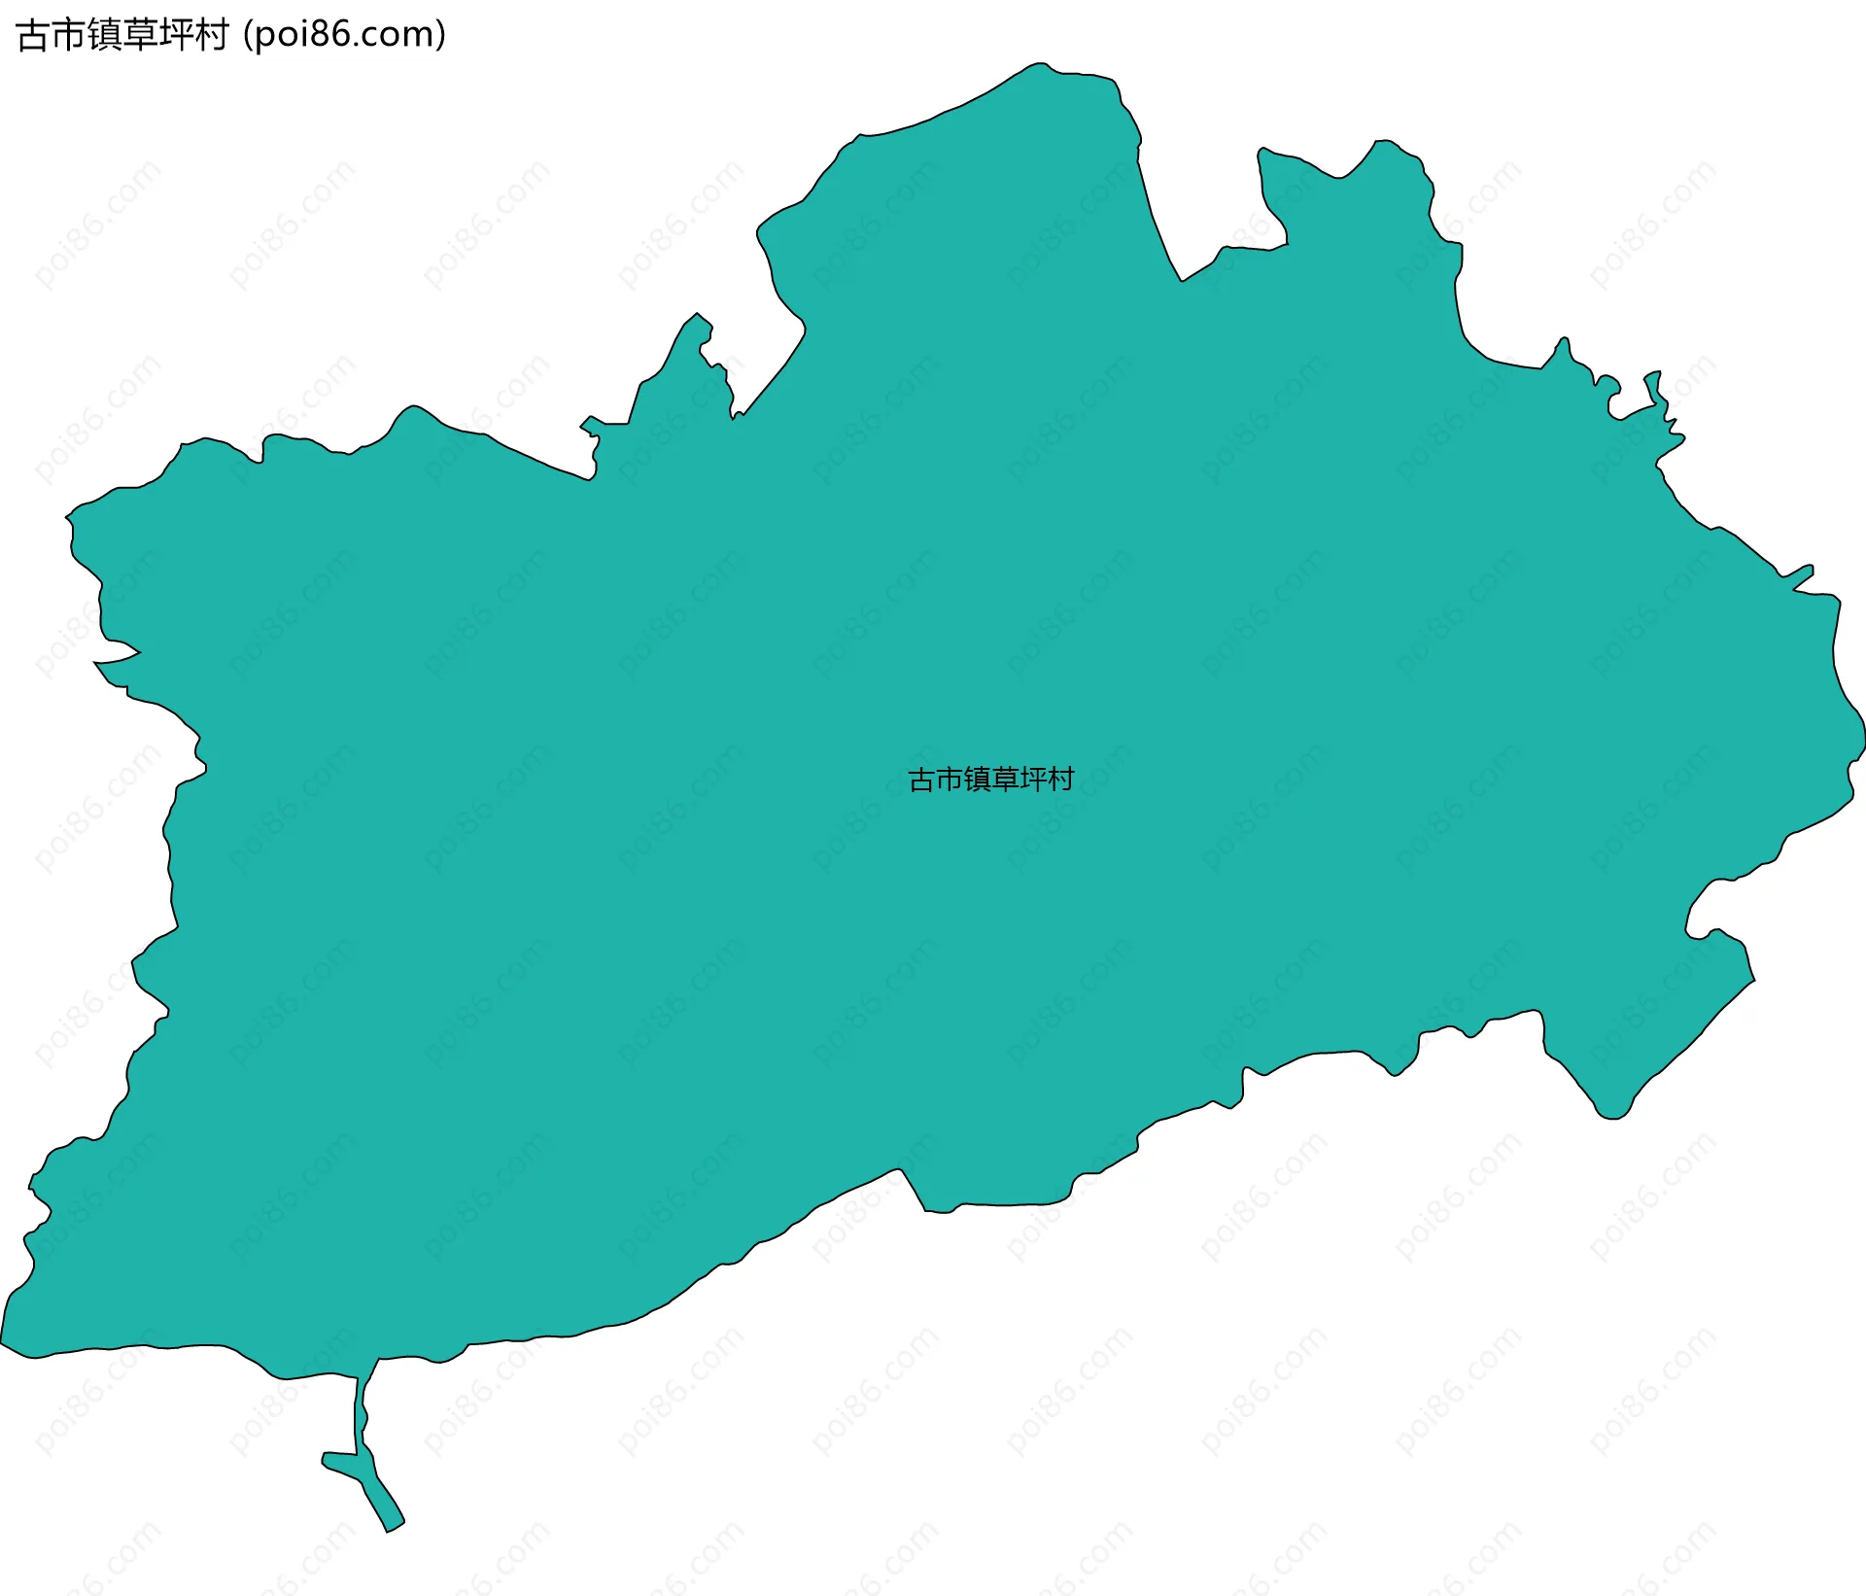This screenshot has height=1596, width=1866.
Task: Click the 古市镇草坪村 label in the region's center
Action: tap(990, 780)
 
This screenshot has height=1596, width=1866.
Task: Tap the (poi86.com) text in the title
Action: tap(345, 35)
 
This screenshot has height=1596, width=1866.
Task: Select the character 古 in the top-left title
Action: tap(33, 35)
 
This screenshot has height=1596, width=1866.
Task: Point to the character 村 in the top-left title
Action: tap(211, 35)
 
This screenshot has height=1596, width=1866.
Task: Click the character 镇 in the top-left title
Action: tap(104, 35)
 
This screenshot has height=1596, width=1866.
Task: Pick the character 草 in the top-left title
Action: tap(140, 35)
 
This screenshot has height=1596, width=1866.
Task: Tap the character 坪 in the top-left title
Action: tap(175, 35)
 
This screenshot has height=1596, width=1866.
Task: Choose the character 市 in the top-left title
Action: tap(68, 35)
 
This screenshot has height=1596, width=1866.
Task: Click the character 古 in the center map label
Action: tap(920, 780)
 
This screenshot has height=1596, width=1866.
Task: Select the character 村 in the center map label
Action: tap(1061, 780)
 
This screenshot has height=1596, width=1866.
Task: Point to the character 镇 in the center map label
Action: tap(977, 780)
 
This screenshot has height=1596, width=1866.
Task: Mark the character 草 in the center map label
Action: tap(1005, 780)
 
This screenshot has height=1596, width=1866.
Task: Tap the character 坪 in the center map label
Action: tap(1033, 780)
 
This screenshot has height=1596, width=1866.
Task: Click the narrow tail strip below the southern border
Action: tap(361, 1419)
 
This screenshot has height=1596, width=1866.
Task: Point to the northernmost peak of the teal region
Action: tap(1040, 66)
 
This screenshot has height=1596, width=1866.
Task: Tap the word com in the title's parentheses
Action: tap(402, 35)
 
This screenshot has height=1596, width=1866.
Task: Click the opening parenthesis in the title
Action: tap(249, 35)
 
